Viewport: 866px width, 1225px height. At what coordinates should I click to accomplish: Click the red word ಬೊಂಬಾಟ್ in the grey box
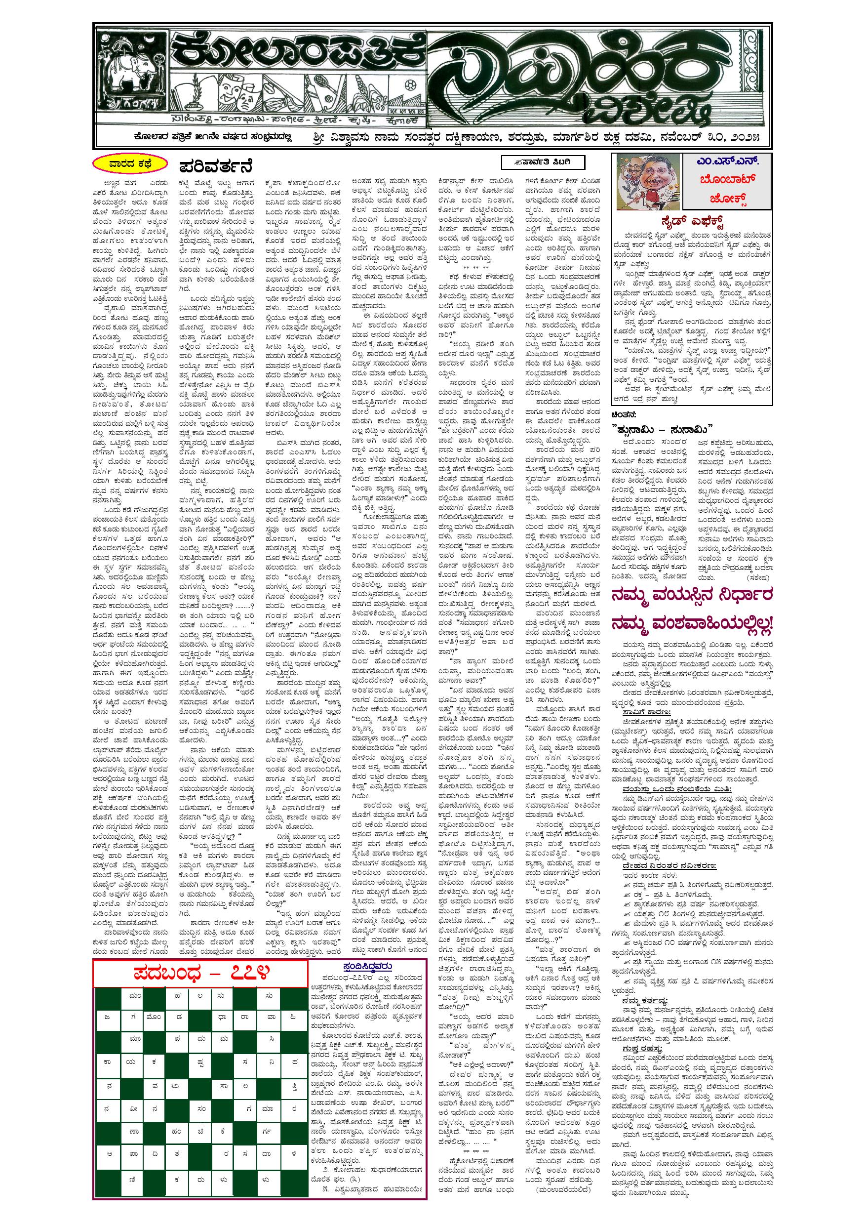click(x=727, y=180)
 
